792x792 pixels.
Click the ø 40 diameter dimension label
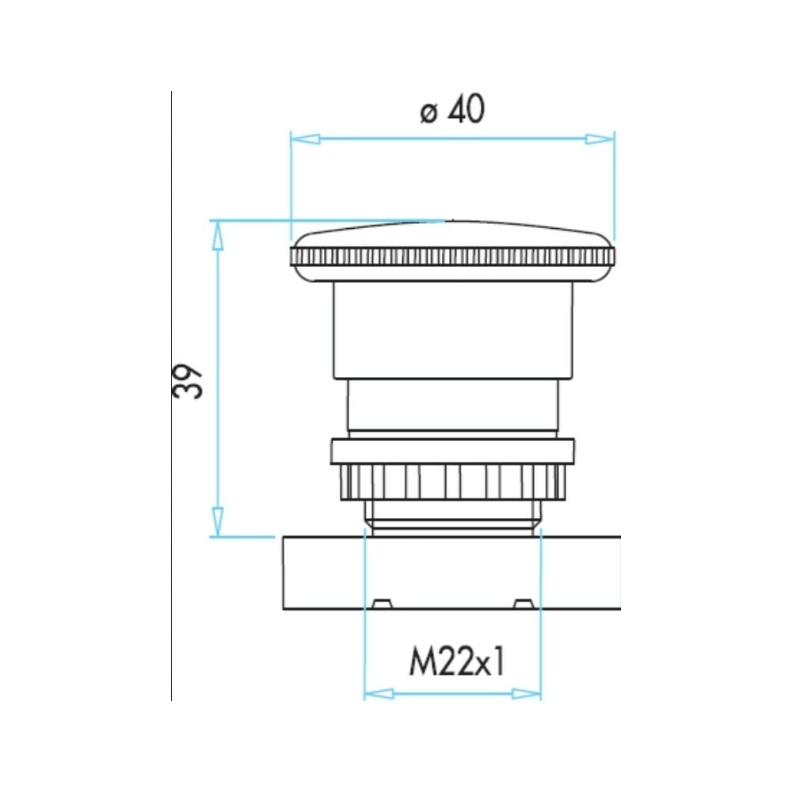pyautogui.click(x=452, y=109)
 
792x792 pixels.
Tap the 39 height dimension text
pyautogui.click(x=188, y=382)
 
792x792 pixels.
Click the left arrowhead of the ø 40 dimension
pyautogui.click(x=305, y=139)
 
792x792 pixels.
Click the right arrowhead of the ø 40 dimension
pyautogui.click(x=600, y=139)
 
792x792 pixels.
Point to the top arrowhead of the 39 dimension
pyautogui.click(x=217, y=235)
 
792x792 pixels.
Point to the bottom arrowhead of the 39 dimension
pyautogui.click(x=217, y=522)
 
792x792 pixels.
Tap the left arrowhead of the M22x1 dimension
pyautogui.click(x=379, y=694)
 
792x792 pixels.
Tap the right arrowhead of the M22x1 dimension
pyautogui.click(x=527, y=694)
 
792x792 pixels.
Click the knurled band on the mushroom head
pyautogui.click(x=453, y=257)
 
